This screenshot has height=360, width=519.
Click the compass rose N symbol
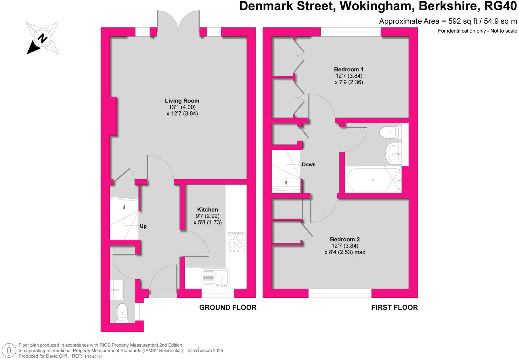click(42, 38)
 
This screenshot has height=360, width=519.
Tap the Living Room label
click(182, 101)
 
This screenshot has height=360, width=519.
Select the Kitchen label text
click(208, 210)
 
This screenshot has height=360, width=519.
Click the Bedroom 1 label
click(349, 69)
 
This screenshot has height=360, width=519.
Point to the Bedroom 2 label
click(345, 239)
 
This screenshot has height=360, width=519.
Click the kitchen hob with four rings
click(236, 243)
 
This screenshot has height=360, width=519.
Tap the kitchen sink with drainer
click(215, 278)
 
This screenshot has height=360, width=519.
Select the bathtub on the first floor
click(373, 180)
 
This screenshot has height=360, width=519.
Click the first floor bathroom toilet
click(390, 132)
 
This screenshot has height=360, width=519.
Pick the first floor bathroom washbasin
click(393, 154)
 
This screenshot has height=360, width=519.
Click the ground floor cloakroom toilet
click(122, 313)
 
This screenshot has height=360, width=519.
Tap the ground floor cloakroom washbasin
click(116, 290)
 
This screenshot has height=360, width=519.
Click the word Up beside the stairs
click(143, 226)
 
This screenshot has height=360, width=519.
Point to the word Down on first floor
click(308, 165)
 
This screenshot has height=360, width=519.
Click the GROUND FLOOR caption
click(228, 307)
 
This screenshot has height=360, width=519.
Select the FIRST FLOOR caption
click(394, 307)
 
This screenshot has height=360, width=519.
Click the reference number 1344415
click(93, 356)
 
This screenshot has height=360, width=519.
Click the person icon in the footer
click(9, 351)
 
